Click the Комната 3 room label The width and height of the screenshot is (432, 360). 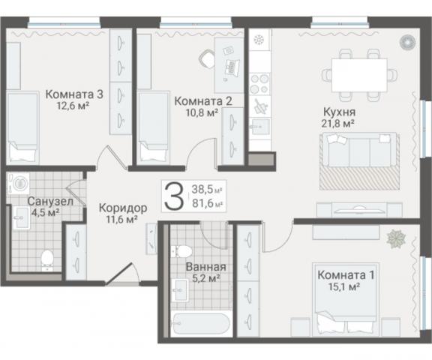coord(73,94)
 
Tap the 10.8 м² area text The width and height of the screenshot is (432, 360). coord(202,112)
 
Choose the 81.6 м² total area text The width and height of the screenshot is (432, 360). coord(208,203)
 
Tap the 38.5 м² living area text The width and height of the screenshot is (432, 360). coord(208,190)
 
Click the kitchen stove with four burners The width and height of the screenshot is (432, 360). coord(259,80)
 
